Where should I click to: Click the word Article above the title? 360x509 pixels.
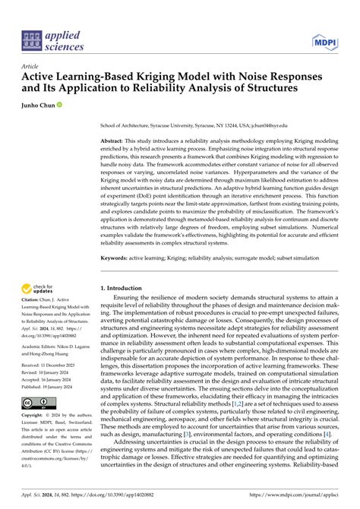click(31, 66)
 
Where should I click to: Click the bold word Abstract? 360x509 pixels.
click(115, 143)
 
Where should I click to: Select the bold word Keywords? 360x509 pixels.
click(117, 258)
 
